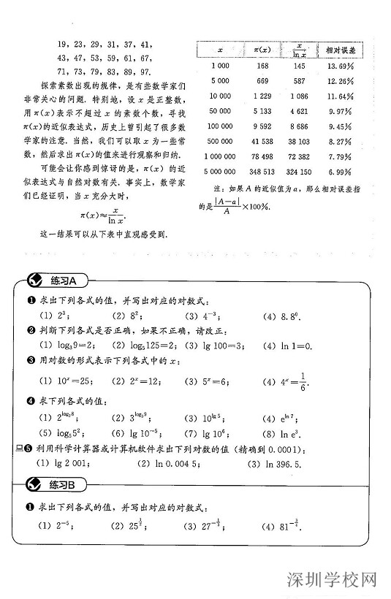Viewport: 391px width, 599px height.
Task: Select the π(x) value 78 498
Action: (261, 156)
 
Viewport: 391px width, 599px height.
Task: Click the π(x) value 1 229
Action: (261, 96)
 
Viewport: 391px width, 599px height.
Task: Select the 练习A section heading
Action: (67, 281)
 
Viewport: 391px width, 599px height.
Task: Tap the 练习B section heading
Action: (67, 484)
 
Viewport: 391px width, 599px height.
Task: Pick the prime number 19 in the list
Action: (61, 44)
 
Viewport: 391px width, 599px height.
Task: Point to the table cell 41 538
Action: (261, 141)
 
